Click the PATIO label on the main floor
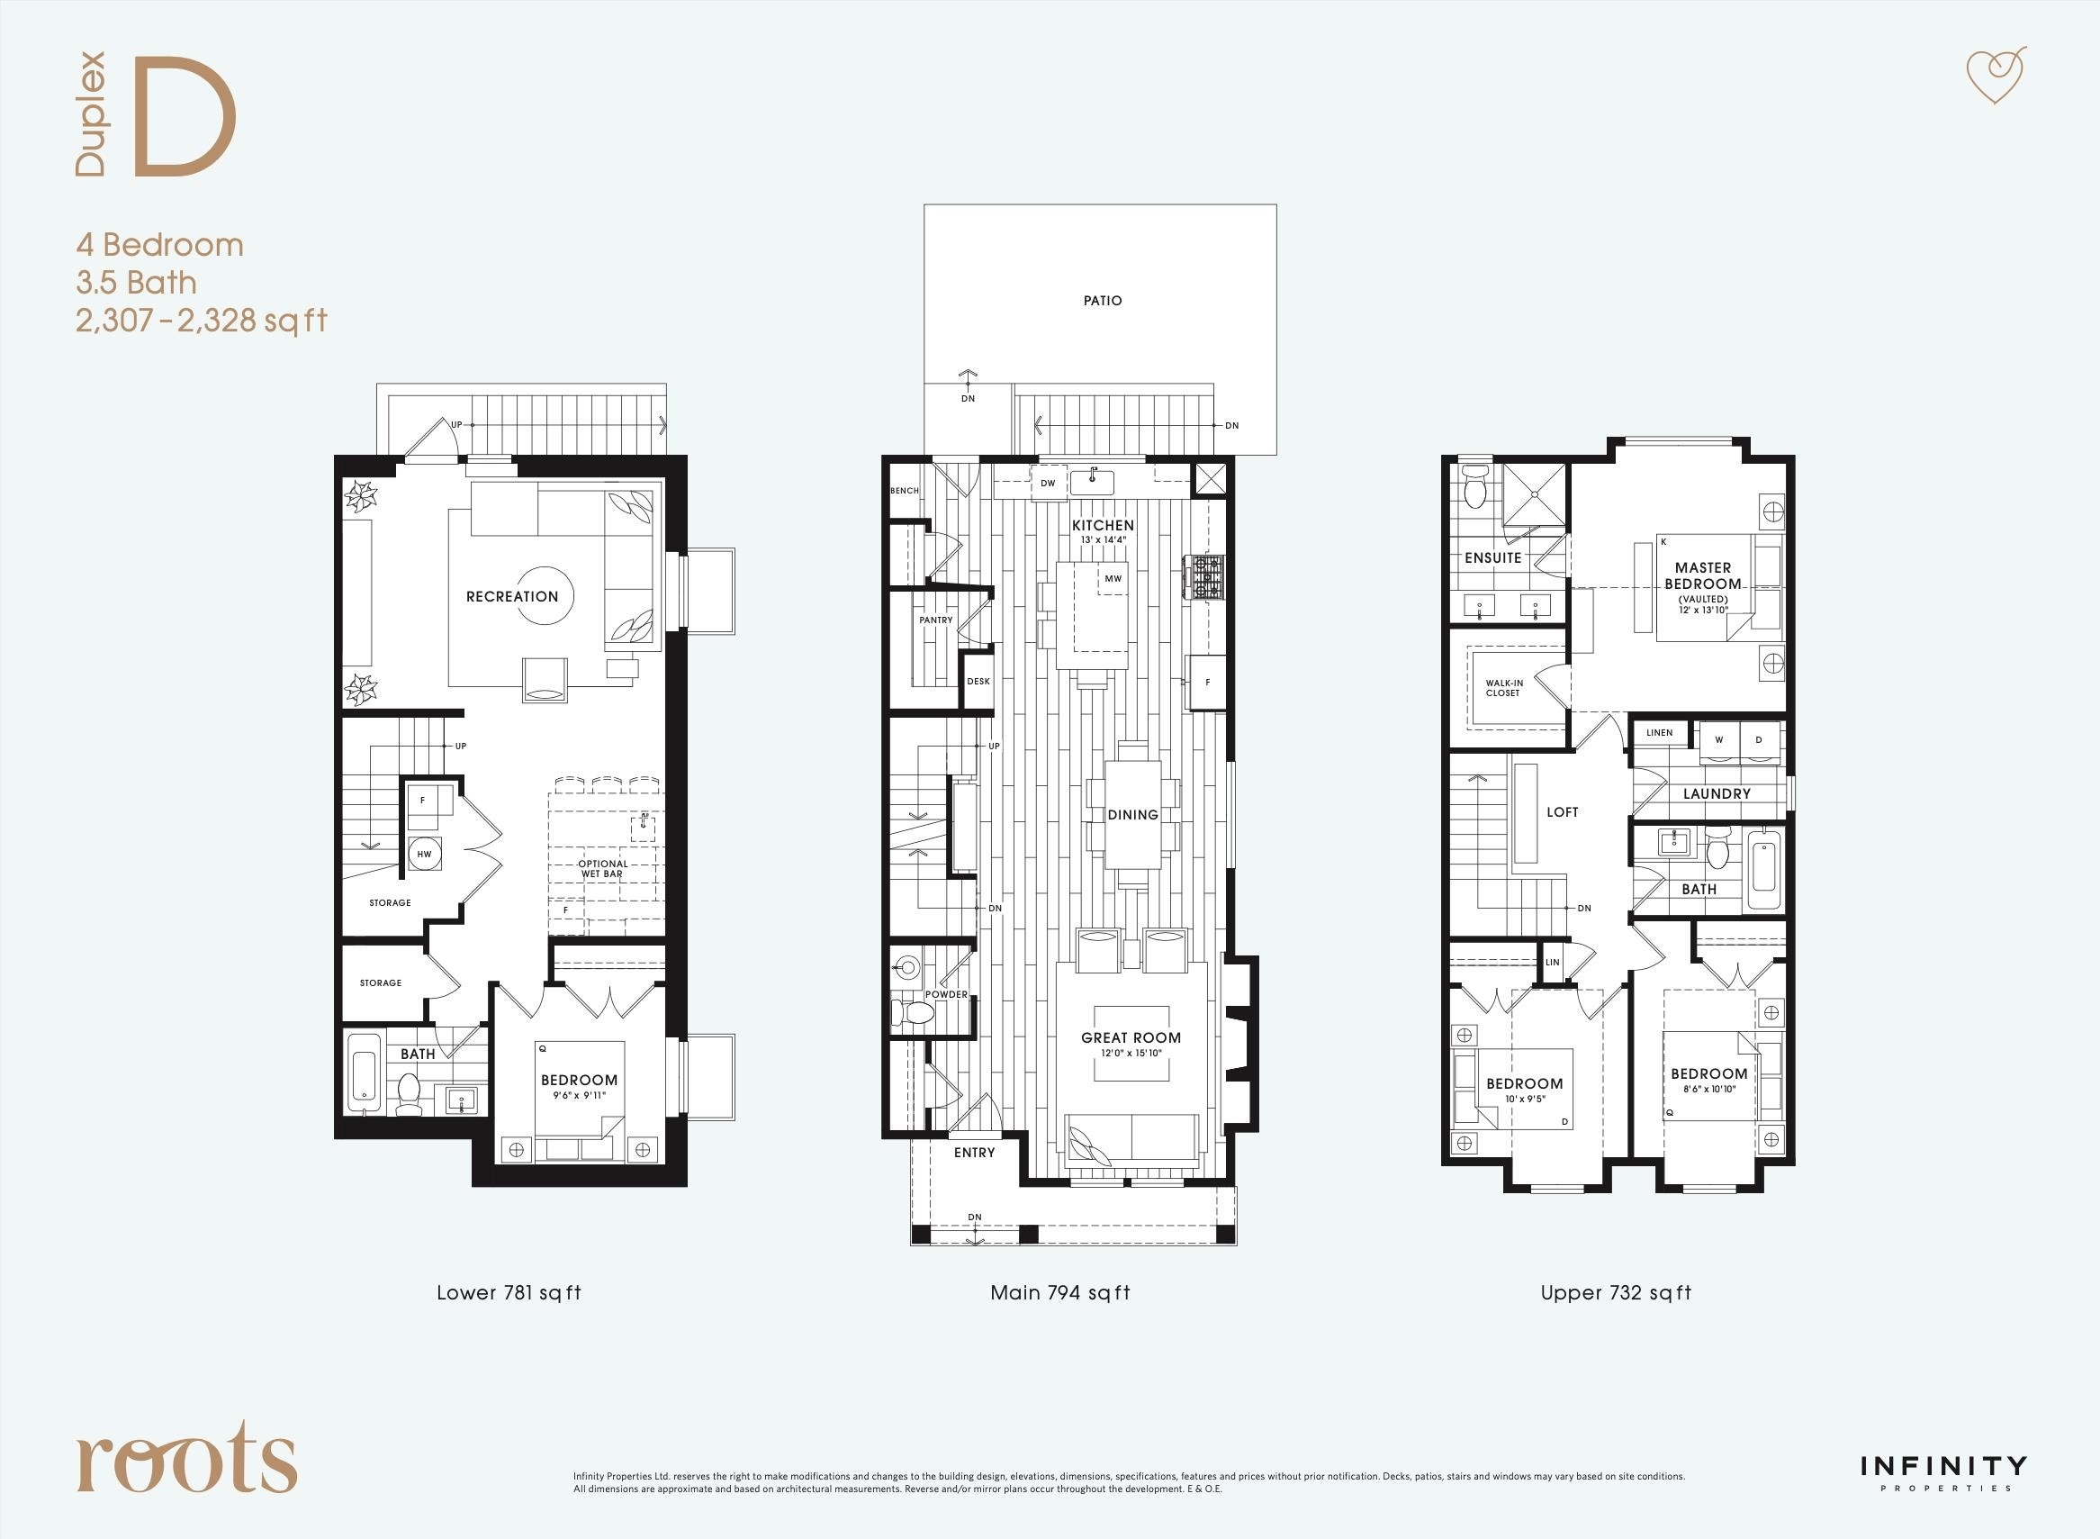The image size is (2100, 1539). pos(1103,301)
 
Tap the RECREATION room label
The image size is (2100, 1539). pos(512,596)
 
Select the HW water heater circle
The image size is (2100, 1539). pos(424,855)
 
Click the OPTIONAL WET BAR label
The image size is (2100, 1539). pos(602,868)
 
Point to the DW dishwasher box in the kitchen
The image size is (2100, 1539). pos(1048,484)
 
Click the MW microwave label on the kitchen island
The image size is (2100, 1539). pos(1113,578)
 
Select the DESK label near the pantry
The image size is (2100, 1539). pos(978,681)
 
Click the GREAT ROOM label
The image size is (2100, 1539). pos(1131,1037)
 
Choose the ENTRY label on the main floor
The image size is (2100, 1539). pos(974,1153)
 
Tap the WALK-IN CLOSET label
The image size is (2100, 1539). pos(1504,687)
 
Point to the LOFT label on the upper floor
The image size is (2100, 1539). pos(1562,812)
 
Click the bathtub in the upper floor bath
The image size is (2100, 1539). pos(1764,869)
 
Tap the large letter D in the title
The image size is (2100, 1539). pos(185,117)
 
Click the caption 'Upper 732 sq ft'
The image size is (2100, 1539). pos(1616,1293)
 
